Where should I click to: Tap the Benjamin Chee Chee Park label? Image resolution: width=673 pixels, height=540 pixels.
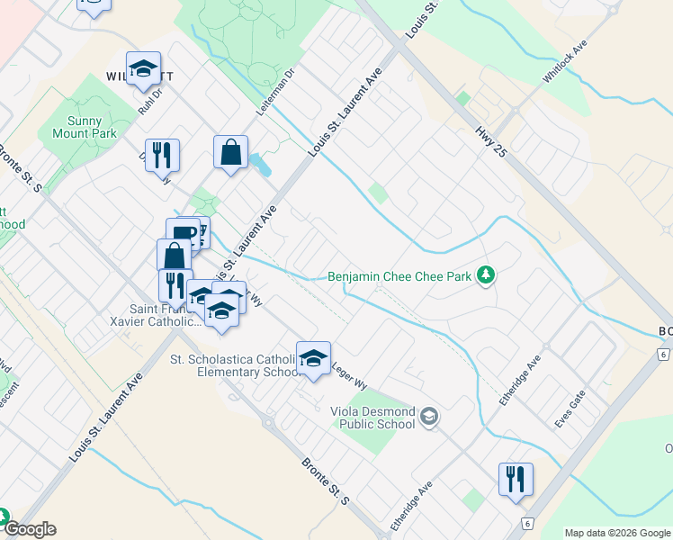[x=400, y=277]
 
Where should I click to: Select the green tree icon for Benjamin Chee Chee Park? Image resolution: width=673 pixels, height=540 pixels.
[x=486, y=274]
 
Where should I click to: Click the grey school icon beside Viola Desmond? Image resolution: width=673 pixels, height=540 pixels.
[x=429, y=415]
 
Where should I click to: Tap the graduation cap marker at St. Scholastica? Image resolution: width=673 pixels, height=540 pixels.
[x=313, y=357]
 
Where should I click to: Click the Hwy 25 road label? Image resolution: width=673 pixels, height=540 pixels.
[x=492, y=143]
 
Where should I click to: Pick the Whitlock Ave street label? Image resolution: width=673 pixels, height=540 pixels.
[x=563, y=62]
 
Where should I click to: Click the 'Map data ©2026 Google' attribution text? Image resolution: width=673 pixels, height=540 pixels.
[x=617, y=533]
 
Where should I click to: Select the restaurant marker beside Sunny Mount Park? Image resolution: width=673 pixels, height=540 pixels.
[x=162, y=154]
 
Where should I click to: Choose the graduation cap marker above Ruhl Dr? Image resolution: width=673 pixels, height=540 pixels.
[x=143, y=68]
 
